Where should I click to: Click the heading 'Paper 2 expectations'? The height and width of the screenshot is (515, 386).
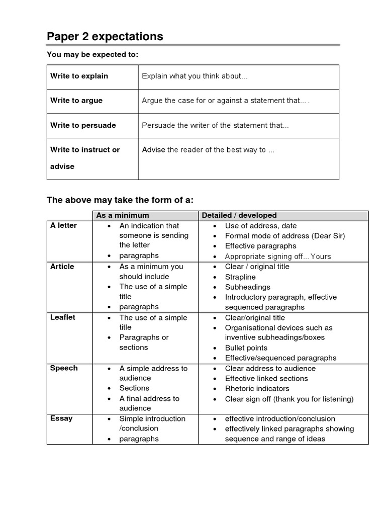click(105, 37)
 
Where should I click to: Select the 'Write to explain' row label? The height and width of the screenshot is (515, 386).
click(79, 76)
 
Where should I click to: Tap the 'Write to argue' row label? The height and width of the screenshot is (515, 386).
click(76, 101)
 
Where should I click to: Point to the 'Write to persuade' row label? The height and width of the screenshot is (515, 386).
click(83, 125)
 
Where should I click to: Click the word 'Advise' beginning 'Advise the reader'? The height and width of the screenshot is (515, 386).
click(153, 150)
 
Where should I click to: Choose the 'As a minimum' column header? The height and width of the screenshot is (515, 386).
click(123, 215)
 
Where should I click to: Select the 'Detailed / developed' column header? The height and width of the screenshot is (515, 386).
click(239, 215)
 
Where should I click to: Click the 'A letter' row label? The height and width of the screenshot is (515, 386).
click(63, 225)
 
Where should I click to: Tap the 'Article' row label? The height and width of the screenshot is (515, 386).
click(62, 267)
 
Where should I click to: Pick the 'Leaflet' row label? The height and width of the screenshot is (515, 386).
click(63, 317)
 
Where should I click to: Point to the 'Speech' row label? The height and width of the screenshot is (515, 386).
click(64, 368)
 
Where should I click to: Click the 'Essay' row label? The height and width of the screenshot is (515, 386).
click(61, 418)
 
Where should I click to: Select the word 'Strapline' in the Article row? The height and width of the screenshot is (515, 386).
click(240, 277)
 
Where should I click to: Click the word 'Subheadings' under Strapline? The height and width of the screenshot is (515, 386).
click(247, 287)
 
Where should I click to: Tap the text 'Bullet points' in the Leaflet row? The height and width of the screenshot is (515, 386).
click(246, 348)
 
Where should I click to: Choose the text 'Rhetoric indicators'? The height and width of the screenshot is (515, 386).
click(257, 388)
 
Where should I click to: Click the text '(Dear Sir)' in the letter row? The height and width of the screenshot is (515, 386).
click(329, 236)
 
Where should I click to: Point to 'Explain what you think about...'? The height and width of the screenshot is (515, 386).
click(195, 76)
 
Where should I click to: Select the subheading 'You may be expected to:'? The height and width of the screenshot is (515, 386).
click(92, 54)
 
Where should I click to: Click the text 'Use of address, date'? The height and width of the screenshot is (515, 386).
click(261, 226)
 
